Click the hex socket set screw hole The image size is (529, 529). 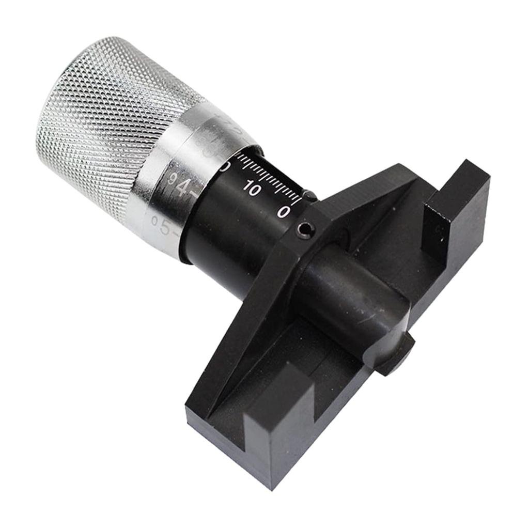pyautogui.click(x=305, y=230)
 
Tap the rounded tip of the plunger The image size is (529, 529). pyautogui.click(x=400, y=354)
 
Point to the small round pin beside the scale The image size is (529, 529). pyautogui.click(x=309, y=195)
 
